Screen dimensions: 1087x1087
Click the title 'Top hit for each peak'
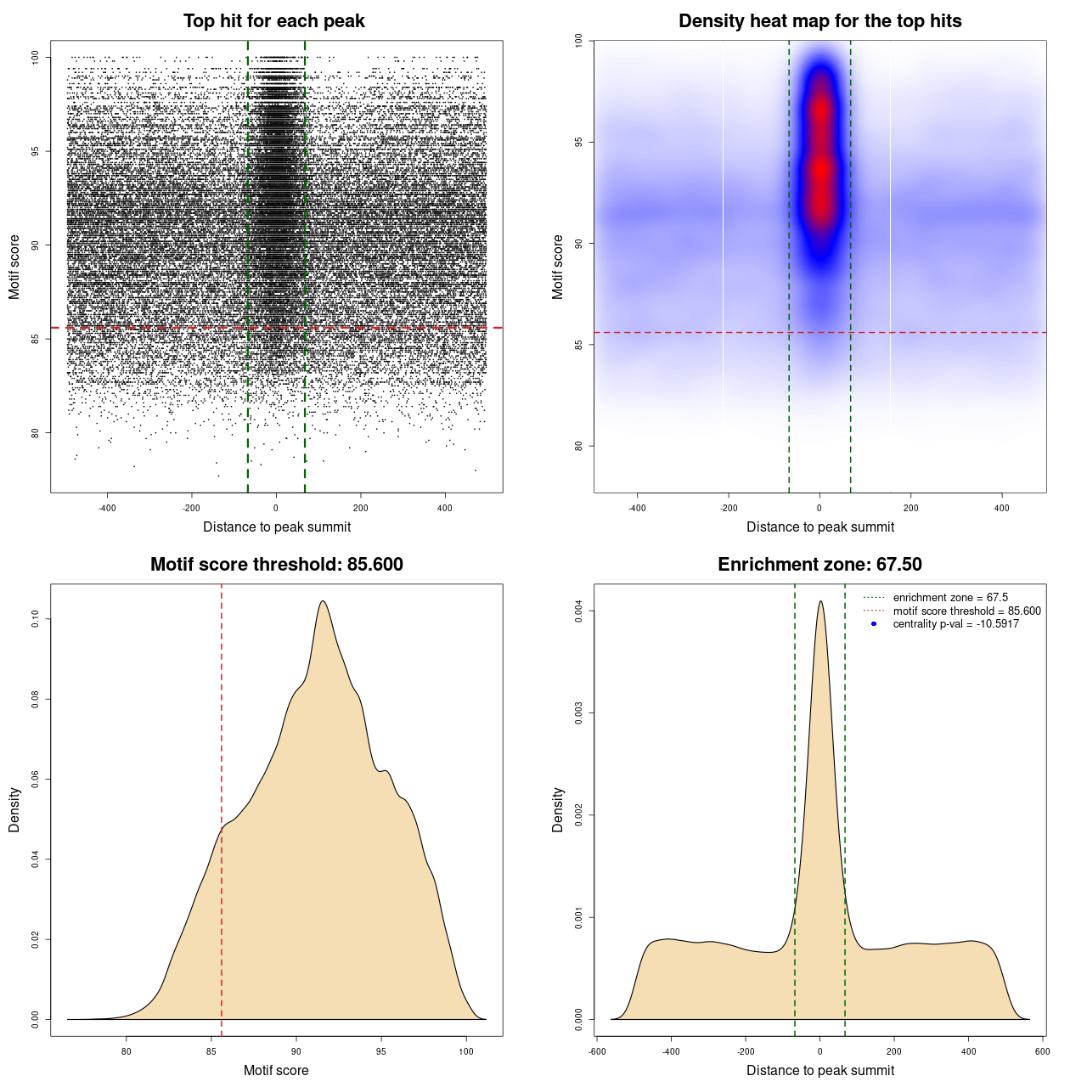pyautogui.click(x=273, y=21)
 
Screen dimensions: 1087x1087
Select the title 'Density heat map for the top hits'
pyautogui.click(x=819, y=21)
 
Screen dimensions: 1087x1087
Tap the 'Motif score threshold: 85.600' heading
pyautogui.click(x=276, y=565)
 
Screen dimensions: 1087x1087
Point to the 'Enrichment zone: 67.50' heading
pyautogui.click(x=819, y=565)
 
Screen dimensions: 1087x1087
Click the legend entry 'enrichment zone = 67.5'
pyautogui.click(x=950, y=598)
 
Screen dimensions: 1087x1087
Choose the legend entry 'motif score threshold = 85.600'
pyautogui.click(x=966, y=611)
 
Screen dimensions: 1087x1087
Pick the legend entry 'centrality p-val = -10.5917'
pyautogui.click(x=955, y=624)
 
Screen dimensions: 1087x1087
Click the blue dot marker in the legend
pyautogui.click(x=874, y=624)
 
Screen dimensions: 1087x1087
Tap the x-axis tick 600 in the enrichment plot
pyautogui.click(x=1043, y=1051)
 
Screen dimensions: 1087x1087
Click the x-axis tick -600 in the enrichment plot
pyautogui.click(x=597, y=1051)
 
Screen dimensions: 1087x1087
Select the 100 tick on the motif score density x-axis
pyautogui.click(x=466, y=1051)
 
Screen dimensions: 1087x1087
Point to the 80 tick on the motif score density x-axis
pyautogui.click(x=127, y=1051)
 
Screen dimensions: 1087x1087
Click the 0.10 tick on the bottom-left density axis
pyautogui.click(x=35, y=620)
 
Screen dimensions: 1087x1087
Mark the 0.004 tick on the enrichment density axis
pyautogui.click(x=578, y=611)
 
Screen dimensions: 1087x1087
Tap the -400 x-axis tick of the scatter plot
pyautogui.click(x=107, y=508)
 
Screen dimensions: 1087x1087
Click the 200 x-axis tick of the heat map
pyautogui.click(x=911, y=508)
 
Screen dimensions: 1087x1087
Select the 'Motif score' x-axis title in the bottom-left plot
pyautogui.click(x=276, y=1070)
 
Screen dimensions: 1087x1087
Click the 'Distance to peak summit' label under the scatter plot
pyautogui.click(x=277, y=527)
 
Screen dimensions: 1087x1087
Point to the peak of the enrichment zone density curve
pyautogui.click(x=820, y=601)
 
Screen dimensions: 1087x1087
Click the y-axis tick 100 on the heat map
pyautogui.click(x=578, y=40)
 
